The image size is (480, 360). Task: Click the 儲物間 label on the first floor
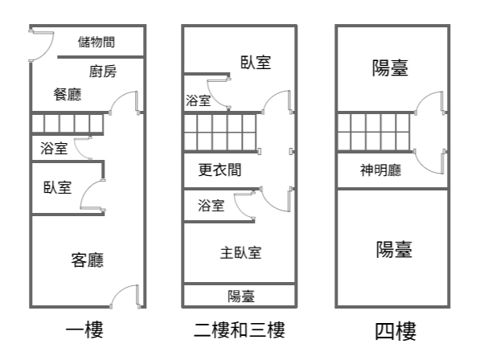click(96, 42)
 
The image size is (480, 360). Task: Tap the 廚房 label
click(103, 72)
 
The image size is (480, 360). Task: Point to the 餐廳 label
click(68, 94)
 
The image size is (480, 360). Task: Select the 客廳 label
click(88, 260)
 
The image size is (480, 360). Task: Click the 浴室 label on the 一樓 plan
click(54, 148)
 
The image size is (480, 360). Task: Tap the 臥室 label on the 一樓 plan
click(58, 187)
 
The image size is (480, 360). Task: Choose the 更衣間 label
click(219, 170)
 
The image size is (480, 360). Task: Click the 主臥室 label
click(240, 253)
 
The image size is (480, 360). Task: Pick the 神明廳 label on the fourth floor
click(380, 170)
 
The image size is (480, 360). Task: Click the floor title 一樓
click(84, 329)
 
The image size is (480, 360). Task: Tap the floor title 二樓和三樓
click(240, 329)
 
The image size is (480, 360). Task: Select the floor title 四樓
click(396, 331)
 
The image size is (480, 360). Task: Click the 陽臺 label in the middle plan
click(241, 296)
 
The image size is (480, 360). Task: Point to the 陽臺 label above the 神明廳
click(390, 67)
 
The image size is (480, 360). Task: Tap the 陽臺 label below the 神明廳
click(394, 249)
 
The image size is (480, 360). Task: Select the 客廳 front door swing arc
click(119, 291)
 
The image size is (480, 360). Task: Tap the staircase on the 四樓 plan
click(374, 132)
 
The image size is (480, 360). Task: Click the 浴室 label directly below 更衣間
click(211, 205)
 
